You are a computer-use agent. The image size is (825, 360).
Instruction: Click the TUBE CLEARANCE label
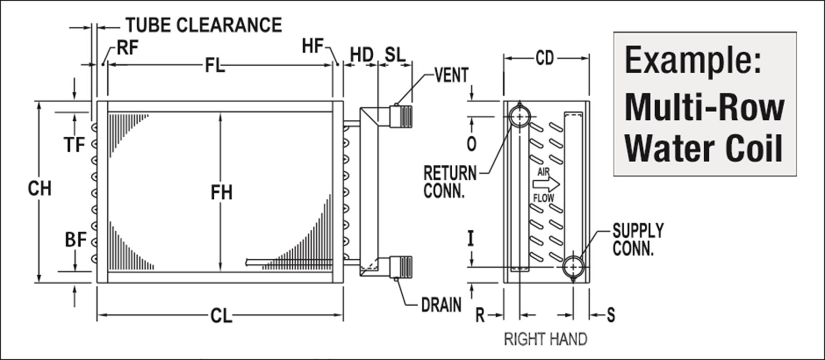204,25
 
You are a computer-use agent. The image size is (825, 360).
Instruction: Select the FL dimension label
215,66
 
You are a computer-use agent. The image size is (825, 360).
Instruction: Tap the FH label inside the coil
221,193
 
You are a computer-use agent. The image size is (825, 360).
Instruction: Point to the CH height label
40,189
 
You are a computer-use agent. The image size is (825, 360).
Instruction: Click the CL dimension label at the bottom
221,316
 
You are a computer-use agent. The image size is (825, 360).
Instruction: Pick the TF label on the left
74,145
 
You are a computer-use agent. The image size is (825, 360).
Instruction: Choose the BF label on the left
75,240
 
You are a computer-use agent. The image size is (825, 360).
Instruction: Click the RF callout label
128,48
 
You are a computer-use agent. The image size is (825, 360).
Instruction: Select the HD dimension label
361,55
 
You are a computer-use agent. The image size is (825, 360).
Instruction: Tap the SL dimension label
395,55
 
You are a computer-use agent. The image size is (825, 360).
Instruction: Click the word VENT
451,75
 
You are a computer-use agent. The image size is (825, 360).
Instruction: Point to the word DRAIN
441,305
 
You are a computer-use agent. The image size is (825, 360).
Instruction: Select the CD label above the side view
545,58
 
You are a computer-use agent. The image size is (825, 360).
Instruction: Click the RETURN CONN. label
450,181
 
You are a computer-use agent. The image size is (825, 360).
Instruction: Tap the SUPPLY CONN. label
638,239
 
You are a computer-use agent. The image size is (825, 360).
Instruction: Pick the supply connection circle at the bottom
573,267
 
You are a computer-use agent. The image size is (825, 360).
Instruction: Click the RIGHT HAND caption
545,339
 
